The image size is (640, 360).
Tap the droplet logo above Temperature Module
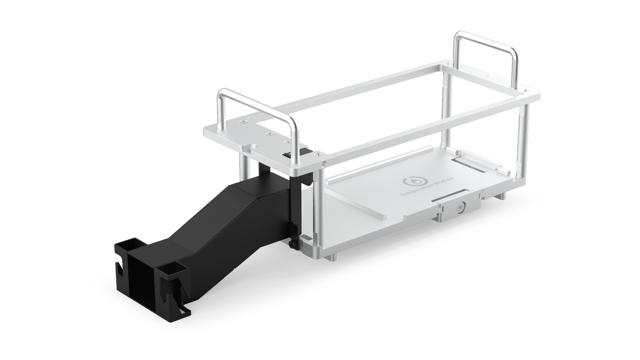coord(412,179)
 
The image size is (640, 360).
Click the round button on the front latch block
coord(460,206)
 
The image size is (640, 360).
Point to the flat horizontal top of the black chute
coord(250,187)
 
